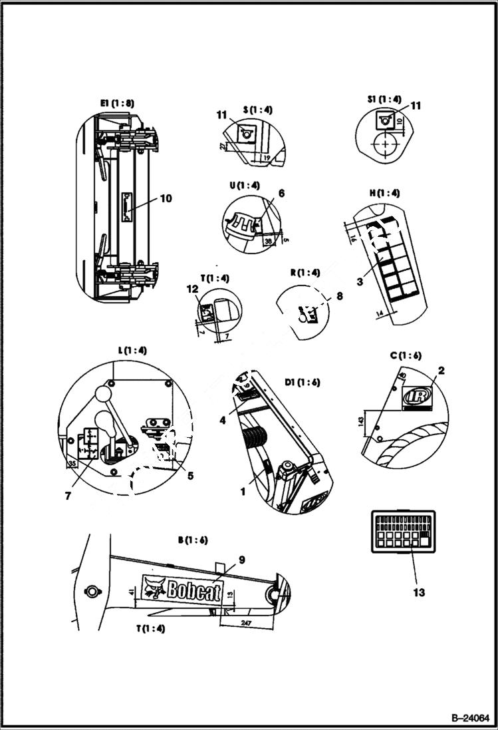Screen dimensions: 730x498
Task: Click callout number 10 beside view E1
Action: pos(166,198)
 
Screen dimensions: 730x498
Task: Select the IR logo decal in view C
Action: pos(417,395)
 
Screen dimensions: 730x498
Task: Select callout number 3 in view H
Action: pos(360,281)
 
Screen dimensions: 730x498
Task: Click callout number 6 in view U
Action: pos(281,193)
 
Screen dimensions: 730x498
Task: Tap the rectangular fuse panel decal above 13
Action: pos(403,531)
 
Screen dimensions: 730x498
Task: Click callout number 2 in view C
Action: pos(441,370)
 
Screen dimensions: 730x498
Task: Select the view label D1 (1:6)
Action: pos(303,382)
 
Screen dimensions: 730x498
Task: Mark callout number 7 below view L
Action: pos(68,495)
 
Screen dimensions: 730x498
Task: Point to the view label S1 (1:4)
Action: pos(384,99)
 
